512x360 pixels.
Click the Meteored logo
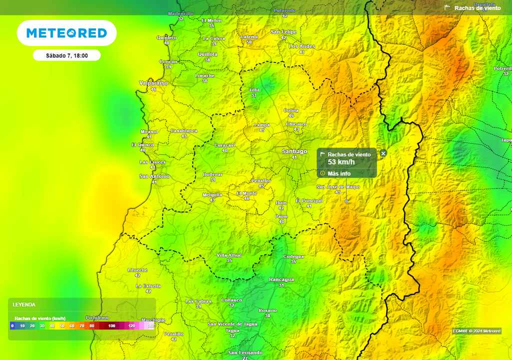point(66,33)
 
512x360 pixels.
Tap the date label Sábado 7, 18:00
point(66,55)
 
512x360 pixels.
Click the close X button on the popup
point(383,153)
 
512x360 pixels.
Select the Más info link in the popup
point(339,173)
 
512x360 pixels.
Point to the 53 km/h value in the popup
point(341,162)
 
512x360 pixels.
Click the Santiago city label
point(294,151)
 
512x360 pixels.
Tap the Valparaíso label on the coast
point(153,83)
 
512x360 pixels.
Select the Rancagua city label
point(281,279)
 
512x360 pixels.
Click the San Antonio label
point(154,176)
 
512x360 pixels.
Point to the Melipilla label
point(212,194)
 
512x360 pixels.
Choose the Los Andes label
point(302,46)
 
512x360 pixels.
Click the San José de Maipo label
point(338,187)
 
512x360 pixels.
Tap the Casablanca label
point(184,131)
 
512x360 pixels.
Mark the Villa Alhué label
point(229,255)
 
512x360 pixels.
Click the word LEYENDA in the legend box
point(24,304)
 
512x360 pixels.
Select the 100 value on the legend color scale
point(111,325)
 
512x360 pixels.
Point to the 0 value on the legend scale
point(12,325)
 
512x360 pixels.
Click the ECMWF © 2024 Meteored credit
point(476,331)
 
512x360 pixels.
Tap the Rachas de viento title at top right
point(477,8)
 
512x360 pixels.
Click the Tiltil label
point(254,90)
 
